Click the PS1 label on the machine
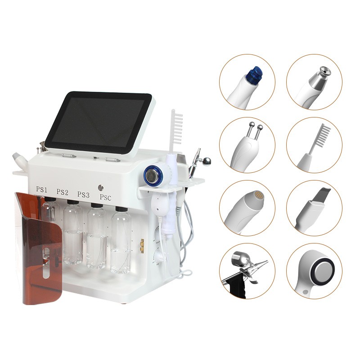coord(41,190)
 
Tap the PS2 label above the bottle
coord(63,193)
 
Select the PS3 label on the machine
coord(83,194)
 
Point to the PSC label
coord(106,197)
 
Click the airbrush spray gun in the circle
coord(246,270)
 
